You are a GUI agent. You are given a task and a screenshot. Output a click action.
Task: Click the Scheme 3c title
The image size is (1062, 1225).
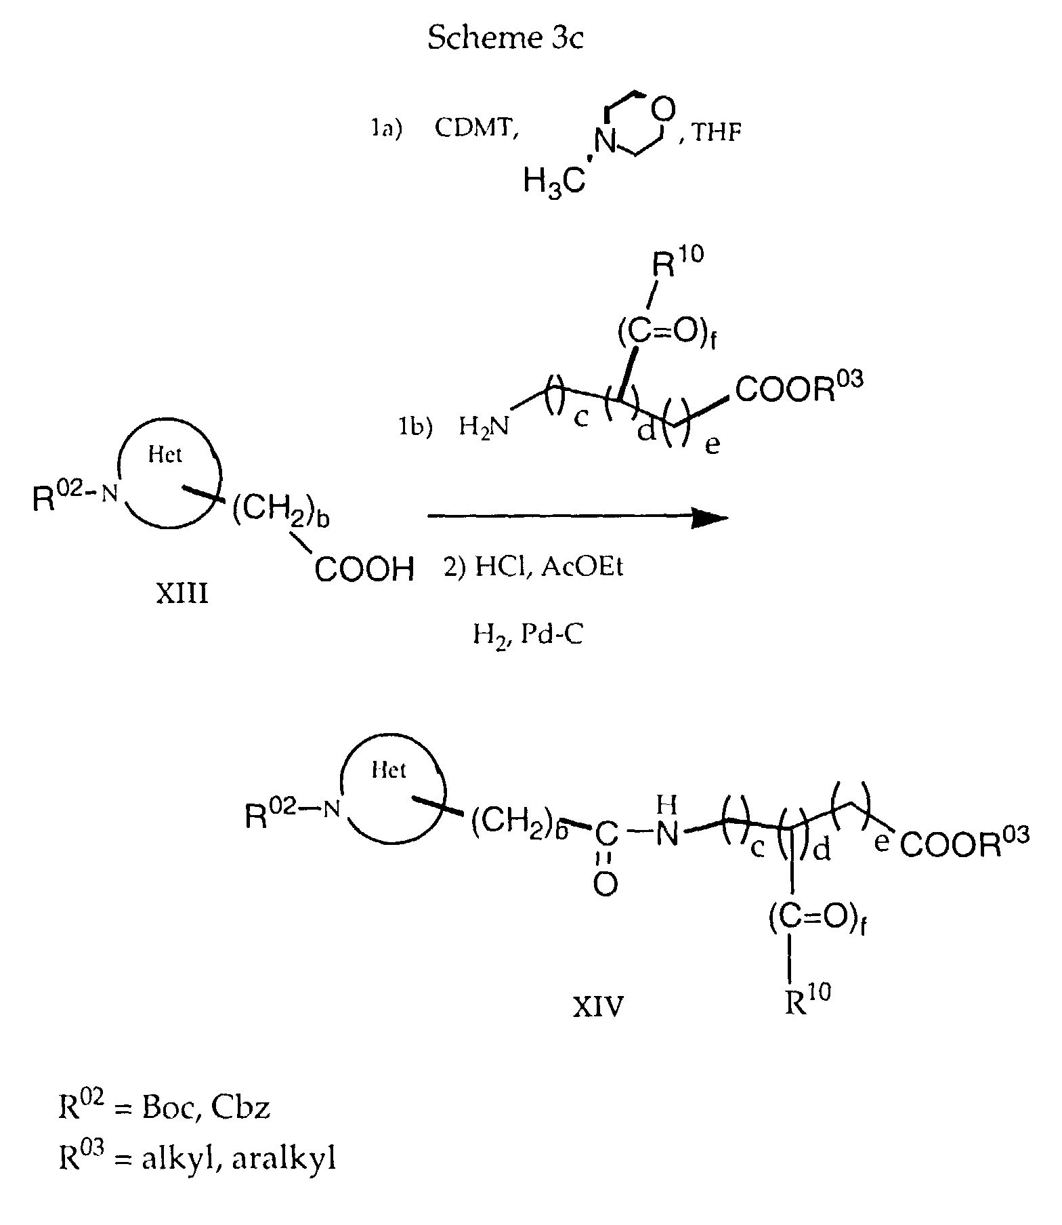tap(505, 38)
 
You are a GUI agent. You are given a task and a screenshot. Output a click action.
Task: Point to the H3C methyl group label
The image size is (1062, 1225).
tap(554, 181)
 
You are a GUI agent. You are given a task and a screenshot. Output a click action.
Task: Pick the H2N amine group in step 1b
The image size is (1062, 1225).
tap(485, 426)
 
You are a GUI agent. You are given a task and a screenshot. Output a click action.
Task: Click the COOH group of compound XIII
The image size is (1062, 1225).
tap(364, 569)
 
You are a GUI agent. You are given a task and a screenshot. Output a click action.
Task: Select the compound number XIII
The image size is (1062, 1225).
tap(182, 594)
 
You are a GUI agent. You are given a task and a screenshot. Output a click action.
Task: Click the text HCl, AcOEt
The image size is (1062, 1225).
tap(533, 566)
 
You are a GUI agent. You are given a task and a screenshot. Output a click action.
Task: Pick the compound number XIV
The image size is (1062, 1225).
tap(598, 1008)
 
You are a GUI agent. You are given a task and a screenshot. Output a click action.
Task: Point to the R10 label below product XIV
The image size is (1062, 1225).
tap(807, 999)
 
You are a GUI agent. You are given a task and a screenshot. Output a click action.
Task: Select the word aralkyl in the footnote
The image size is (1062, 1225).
tap(284, 1160)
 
